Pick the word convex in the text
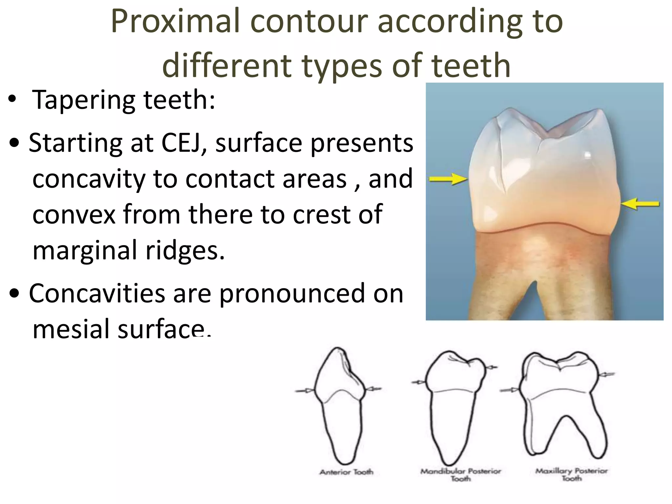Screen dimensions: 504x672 [74, 214]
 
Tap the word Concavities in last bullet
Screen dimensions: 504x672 [97, 293]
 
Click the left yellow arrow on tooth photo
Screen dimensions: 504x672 [448, 179]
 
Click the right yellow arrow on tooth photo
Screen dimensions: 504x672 [640, 204]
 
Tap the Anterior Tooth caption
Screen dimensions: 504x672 [346, 472]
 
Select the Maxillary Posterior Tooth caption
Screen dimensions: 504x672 [572, 474]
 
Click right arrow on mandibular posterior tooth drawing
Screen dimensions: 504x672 [491, 367]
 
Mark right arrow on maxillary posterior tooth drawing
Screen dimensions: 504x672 [606, 374]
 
